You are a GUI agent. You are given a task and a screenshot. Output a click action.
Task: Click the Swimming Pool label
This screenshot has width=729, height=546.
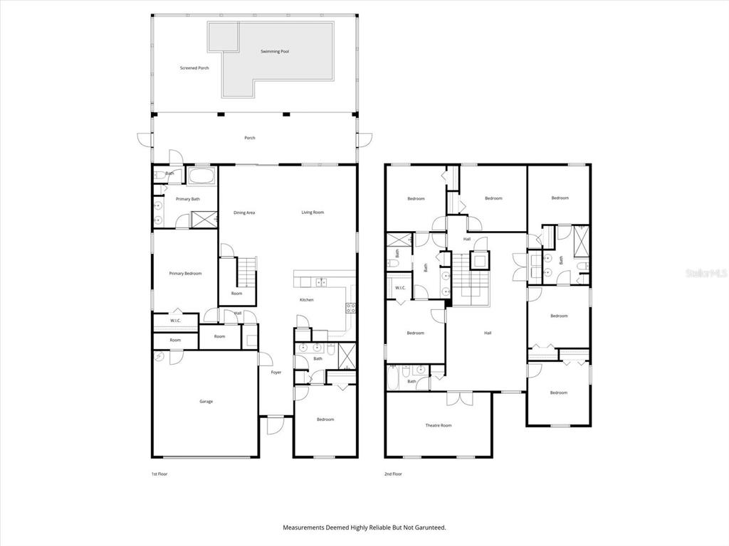(x=275, y=51)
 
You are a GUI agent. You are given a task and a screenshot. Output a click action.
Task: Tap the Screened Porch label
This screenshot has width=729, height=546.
(x=194, y=68)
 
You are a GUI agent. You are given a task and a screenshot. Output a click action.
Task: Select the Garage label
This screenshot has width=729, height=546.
(x=206, y=401)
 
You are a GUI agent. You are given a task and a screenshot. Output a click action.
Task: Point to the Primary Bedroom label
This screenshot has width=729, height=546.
(x=186, y=274)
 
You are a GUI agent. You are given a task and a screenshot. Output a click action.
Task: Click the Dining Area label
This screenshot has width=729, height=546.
(x=244, y=213)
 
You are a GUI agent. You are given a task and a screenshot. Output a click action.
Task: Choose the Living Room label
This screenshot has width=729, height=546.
(x=313, y=212)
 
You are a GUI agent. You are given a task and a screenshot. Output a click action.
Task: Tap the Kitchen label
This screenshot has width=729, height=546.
(x=306, y=300)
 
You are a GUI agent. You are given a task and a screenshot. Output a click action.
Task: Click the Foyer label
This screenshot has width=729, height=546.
(x=276, y=373)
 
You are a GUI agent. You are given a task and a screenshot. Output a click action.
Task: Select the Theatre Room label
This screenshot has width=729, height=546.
(x=438, y=425)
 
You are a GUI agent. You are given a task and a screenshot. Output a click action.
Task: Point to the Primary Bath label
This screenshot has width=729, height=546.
(x=188, y=199)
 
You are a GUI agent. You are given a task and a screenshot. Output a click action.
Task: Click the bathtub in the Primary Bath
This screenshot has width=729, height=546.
(x=201, y=176)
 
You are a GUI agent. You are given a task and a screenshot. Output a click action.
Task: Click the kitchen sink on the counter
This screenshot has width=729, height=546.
(x=321, y=282)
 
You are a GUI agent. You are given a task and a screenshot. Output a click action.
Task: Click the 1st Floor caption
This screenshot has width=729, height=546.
(x=159, y=474)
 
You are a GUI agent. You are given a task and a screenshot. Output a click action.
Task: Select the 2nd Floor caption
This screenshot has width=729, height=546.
(x=393, y=474)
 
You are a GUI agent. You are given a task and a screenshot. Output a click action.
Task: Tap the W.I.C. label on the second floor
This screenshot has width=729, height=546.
(x=400, y=288)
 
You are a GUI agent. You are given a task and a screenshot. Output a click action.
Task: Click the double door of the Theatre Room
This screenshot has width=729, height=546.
(x=460, y=398)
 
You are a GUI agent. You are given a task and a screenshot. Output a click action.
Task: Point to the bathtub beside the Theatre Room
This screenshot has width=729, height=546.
(x=393, y=378)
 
